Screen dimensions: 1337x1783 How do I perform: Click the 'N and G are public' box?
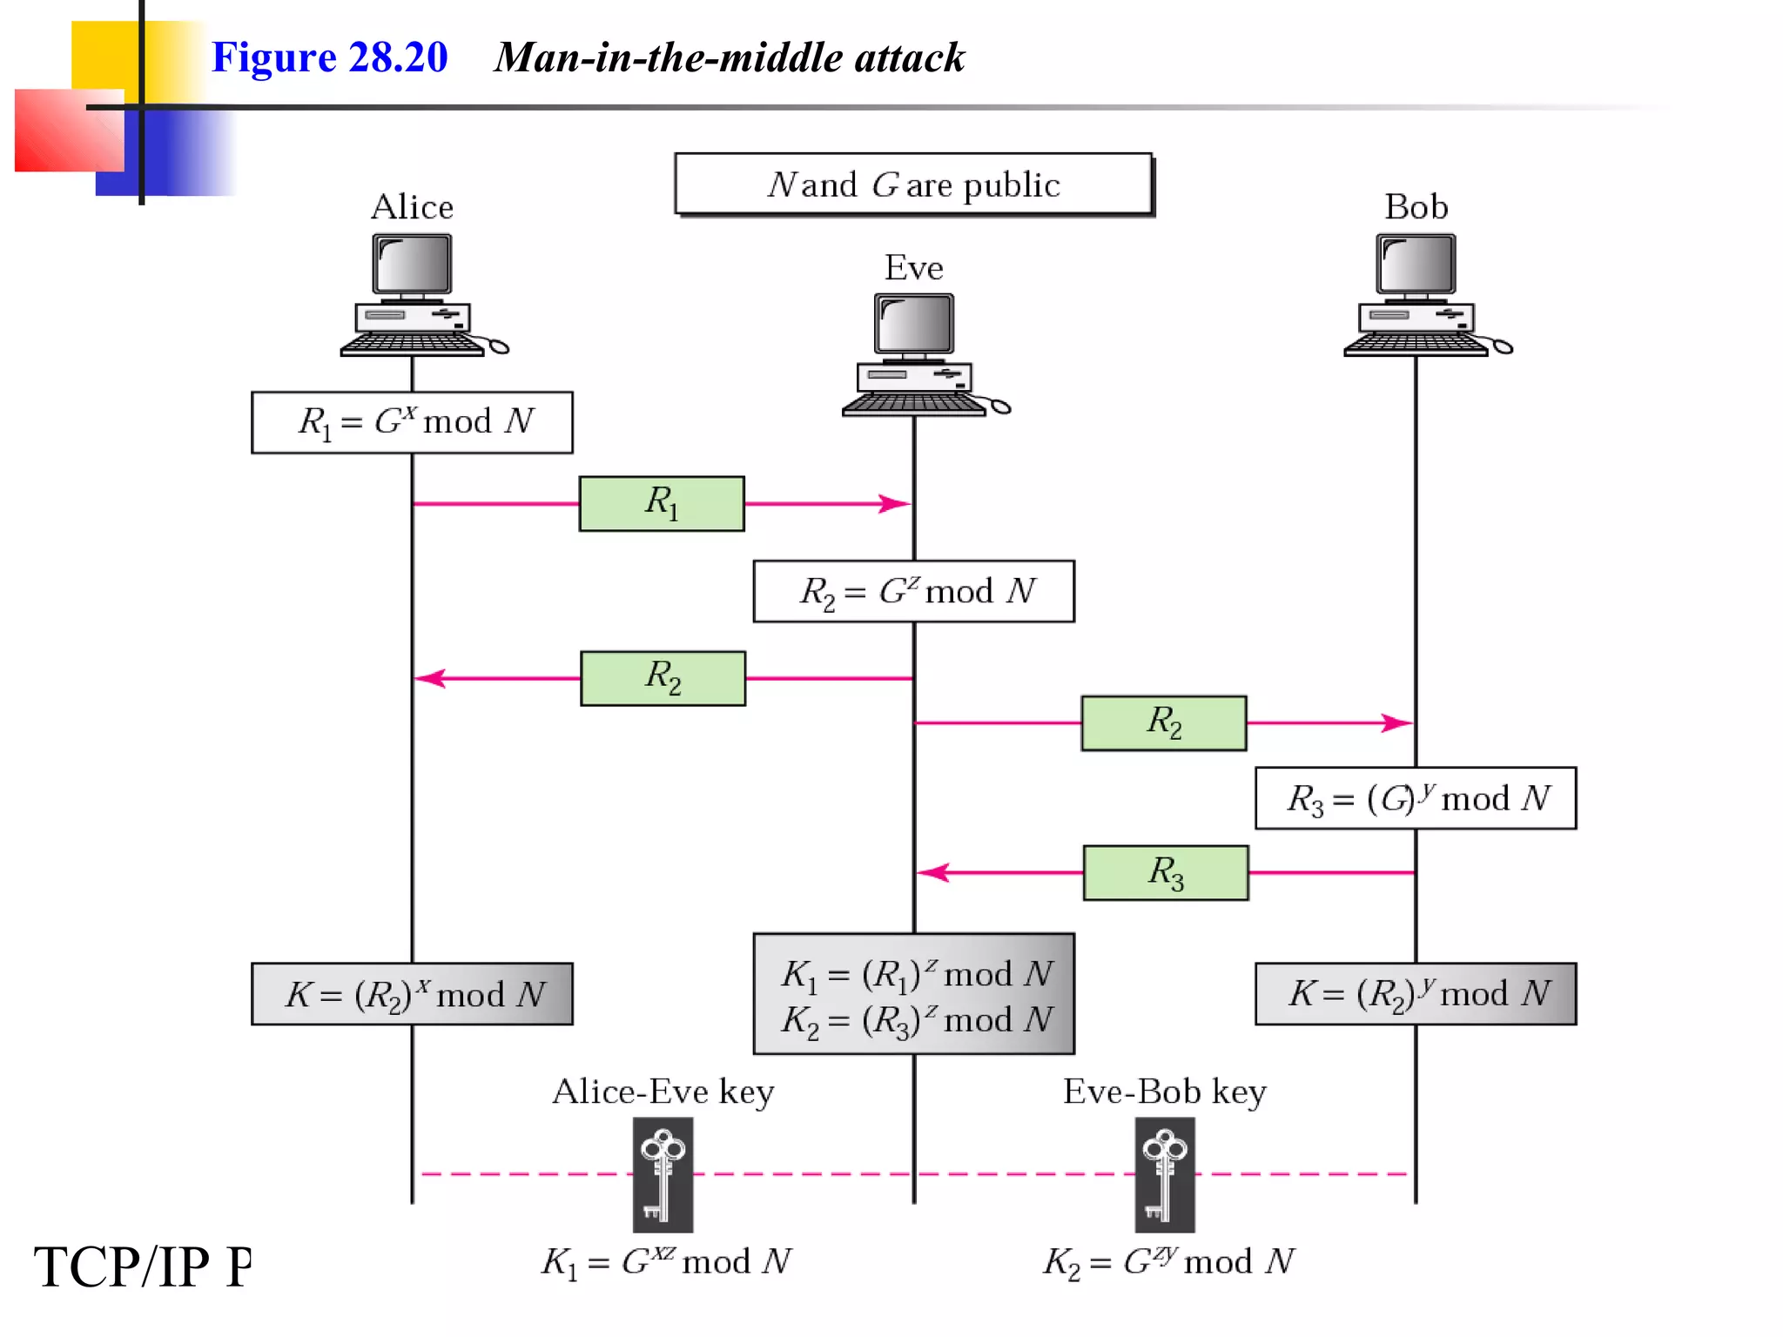click(x=913, y=185)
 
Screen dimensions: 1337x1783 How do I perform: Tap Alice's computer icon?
click(x=414, y=296)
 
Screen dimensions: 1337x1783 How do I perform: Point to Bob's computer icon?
click(x=1416, y=296)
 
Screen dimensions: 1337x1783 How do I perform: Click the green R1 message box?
click(x=662, y=503)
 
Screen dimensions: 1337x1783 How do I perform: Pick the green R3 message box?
click(x=1165, y=872)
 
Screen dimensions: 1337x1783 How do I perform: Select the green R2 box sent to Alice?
click(x=663, y=678)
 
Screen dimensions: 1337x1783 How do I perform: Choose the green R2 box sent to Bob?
click(x=1163, y=722)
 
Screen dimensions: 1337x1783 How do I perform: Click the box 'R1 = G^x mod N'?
click(x=412, y=422)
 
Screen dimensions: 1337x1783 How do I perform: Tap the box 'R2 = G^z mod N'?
click(x=913, y=591)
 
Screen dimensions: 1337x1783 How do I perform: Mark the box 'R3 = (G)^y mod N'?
click(x=1415, y=798)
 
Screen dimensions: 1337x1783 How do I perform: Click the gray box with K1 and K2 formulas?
click(x=913, y=994)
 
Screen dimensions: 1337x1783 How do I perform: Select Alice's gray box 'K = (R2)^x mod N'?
click(x=412, y=994)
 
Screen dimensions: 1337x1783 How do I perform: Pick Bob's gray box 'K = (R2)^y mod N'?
click(x=1415, y=994)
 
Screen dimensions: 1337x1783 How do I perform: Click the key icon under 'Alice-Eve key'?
click(x=663, y=1174)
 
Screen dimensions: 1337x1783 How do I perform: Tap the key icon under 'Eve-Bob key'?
click(x=1164, y=1174)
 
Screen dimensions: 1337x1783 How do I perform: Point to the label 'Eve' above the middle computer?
click(x=913, y=267)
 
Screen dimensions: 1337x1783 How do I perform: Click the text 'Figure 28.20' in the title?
click(x=329, y=57)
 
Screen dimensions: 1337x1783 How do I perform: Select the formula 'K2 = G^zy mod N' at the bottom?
click(x=1168, y=1261)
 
